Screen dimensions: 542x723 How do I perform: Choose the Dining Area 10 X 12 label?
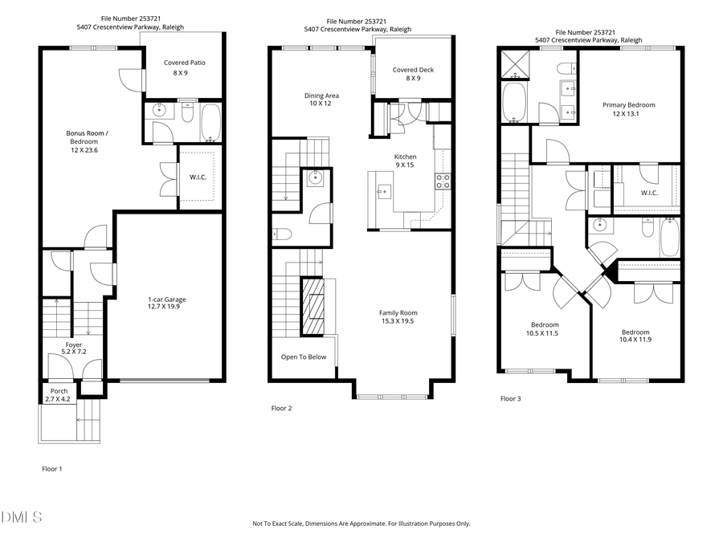tap(321, 100)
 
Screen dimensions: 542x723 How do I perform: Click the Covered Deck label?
tap(413, 74)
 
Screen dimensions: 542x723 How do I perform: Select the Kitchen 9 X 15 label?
tap(406, 161)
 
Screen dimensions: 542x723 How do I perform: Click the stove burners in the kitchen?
tap(442, 181)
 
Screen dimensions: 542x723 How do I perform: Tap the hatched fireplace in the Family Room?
tap(313, 306)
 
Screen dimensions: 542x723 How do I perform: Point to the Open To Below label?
tap(304, 357)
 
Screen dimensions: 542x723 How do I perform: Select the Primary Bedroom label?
tap(629, 109)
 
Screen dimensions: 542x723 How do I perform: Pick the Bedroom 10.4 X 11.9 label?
tap(635, 336)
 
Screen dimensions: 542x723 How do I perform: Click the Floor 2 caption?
tap(281, 409)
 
